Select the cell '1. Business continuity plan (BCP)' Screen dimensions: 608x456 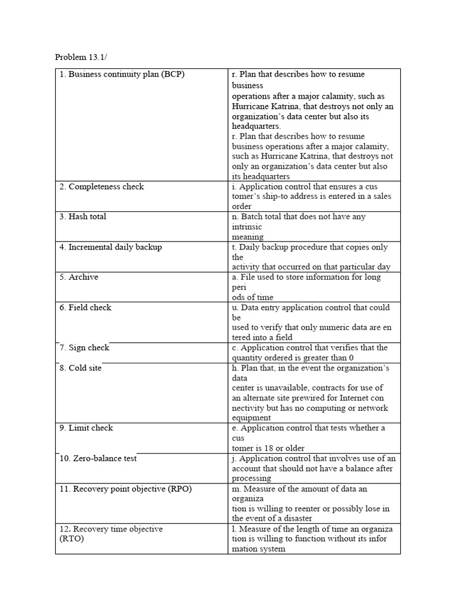click(122, 74)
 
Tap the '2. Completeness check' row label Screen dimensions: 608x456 click(102, 186)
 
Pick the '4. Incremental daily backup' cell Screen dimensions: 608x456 click(110, 247)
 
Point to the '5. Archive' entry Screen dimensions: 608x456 click(79, 277)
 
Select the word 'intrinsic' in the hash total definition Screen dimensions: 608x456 click(246, 227)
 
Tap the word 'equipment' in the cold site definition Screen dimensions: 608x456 click(251, 418)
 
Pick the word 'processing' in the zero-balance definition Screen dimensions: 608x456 click(251, 478)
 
